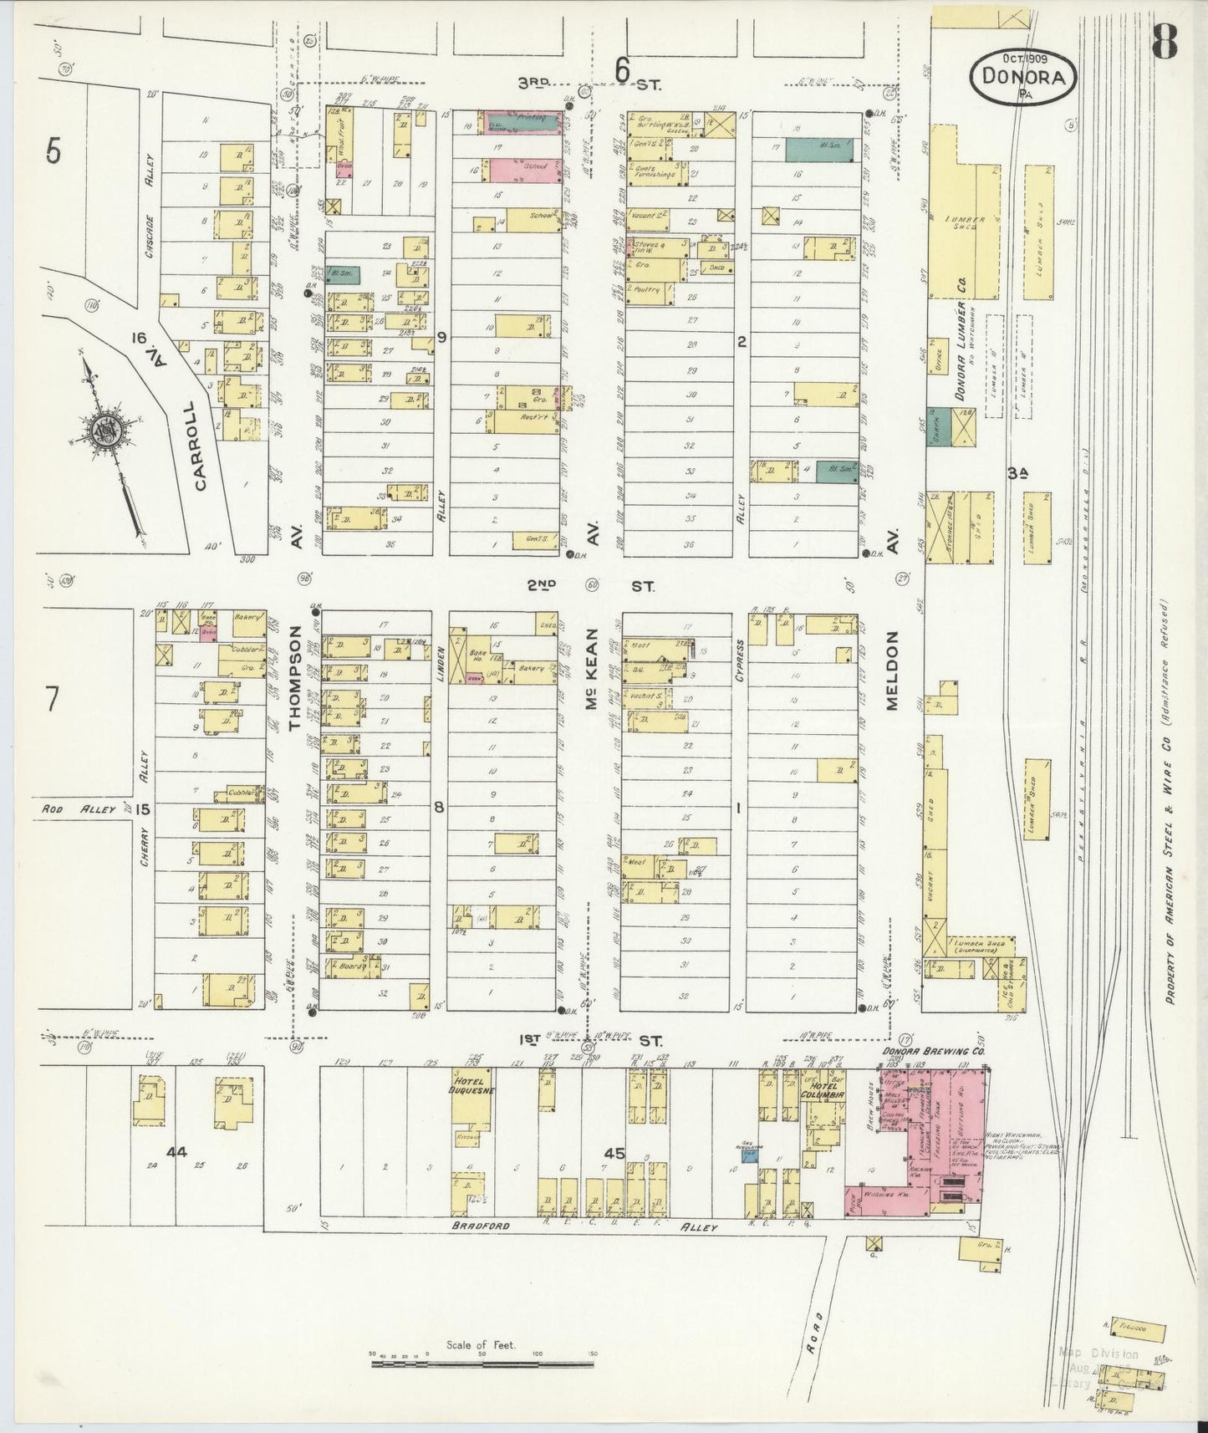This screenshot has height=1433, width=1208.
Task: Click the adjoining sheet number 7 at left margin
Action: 52,698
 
